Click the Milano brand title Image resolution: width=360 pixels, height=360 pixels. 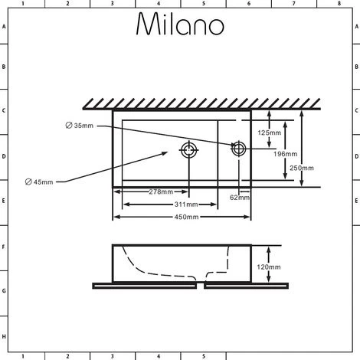click(180, 25)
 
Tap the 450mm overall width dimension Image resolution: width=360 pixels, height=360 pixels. click(186, 218)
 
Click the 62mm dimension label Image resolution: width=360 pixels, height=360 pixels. click(240, 197)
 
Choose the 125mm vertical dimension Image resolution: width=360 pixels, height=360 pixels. click(269, 133)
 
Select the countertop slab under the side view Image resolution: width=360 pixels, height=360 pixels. click(191, 286)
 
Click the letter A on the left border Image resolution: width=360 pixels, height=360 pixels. click(5, 27)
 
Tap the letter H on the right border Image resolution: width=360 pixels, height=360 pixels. click(355, 337)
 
